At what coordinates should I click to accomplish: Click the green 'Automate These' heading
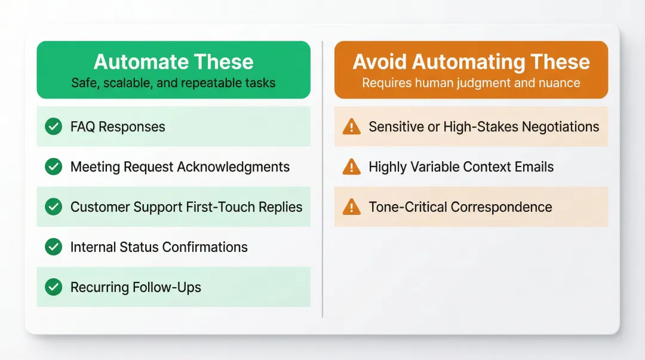click(173, 62)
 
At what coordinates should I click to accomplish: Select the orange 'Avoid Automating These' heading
click(471, 62)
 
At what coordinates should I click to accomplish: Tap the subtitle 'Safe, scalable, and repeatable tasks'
click(173, 83)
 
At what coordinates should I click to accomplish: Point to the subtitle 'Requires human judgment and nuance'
click(471, 83)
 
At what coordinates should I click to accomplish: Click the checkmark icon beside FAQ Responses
click(54, 127)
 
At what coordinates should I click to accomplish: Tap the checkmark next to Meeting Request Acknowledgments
click(54, 167)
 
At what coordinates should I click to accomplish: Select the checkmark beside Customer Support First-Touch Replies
click(54, 207)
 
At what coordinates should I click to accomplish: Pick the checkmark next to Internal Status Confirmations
click(54, 247)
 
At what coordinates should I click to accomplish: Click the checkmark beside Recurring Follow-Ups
click(54, 287)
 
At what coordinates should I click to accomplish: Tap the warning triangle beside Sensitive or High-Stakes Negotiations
click(352, 127)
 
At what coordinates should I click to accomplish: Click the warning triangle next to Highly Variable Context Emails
click(352, 167)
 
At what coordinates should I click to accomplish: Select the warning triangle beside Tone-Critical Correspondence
click(352, 207)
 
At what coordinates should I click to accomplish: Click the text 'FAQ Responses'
click(118, 127)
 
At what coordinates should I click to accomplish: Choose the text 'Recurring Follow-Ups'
click(136, 287)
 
